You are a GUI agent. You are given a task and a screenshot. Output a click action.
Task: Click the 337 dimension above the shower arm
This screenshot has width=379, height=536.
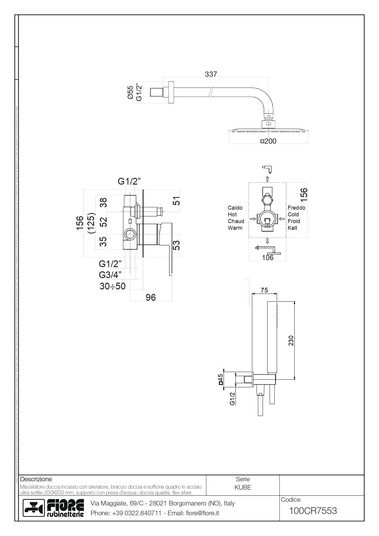pyautogui.click(x=211, y=74)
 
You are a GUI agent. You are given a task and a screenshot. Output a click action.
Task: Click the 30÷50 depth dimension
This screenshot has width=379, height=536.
pyautogui.click(x=112, y=286)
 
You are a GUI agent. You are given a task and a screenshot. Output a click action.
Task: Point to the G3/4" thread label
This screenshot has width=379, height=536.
pyautogui.click(x=110, y=275)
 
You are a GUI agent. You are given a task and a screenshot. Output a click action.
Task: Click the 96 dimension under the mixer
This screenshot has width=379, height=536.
pyautogui.click(x=151, y=297)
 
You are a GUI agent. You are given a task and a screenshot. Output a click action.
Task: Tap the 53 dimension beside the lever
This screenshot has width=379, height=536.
pyautogui.click(x=177, y=245)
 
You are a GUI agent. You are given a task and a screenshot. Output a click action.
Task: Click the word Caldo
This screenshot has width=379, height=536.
pyautogui.click(x=235, y=208)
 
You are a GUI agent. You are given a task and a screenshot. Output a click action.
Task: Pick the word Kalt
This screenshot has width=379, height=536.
pyautogui.click(x=292, y=228)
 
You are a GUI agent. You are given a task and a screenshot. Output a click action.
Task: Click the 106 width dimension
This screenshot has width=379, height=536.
pyautogui.click(x=268, y=258)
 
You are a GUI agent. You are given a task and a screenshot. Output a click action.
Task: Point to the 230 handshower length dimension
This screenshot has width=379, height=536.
pyautogui.click(x=291, y=340)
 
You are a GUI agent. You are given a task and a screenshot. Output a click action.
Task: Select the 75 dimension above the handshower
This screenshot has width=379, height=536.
pyautogui.click(x=264, y=290)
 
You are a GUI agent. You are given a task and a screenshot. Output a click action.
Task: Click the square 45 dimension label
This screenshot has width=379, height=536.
pyautogui.click(x=220, y=380)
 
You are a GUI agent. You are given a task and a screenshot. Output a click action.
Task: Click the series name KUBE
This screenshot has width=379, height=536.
pyautogui.click(x=243, y=487)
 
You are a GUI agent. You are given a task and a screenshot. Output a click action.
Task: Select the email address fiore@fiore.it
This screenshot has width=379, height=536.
pyautogui.click(x=202, y=513)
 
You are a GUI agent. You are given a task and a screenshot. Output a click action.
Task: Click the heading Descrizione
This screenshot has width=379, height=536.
pyautogui.click(x=36, y=479)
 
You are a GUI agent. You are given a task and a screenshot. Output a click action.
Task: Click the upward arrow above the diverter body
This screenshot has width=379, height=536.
pyautogui.click(x=267, y=179)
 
